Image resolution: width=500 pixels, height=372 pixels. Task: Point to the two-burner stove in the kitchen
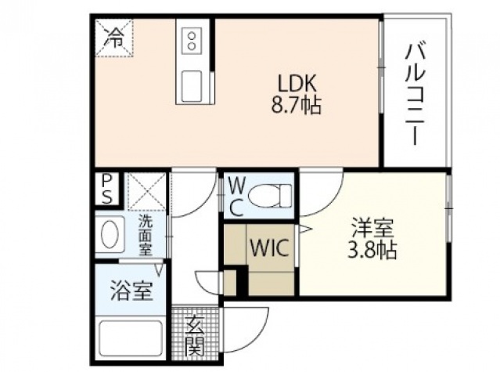(192, 40)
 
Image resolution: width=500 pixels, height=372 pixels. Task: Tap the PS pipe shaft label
(106, 189)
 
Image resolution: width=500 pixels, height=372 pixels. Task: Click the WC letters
(236, 196)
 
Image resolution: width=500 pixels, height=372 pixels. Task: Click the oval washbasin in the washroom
(110, 233)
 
